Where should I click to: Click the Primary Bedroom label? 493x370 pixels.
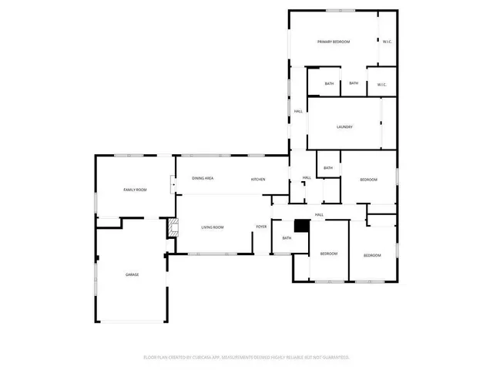pyautogui.click(x=334, y=42)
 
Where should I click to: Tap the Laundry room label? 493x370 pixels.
pyautogui.click(x=344, y=126)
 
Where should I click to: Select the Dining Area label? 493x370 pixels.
pyautogui.click(x=203, y=178)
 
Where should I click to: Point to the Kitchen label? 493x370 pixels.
pyautogui.click(x=258, y=180)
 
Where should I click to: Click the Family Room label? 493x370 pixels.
pyautogui.click(x=136, y=189)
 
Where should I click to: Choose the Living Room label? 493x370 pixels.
pyautogui.click(x=213, y=227)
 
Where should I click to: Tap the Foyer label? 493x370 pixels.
pyautogui.click(x=261, y=227)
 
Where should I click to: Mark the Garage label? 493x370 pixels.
pyautogui.click(x=132, y=274)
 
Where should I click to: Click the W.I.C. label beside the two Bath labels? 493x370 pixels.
pyautogui.click(x=381, y=84)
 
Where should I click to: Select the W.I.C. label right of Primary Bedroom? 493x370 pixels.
pyautogui.click(x=387, y=42)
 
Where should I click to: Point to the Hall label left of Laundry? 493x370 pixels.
pyautogui.click(x=298, y=113)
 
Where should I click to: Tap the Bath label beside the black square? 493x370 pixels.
pyautogui.click(x=287, y=238)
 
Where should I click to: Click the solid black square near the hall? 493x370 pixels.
pyautogui.click(x=301, y=226)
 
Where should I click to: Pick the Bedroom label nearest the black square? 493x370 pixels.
pyautogui.click(x=330, y=254)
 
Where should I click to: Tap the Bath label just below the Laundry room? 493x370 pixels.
pyautogui.click(x=328, y=168)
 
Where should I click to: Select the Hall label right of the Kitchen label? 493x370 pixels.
pyautogui.click(x=306, y=178)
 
